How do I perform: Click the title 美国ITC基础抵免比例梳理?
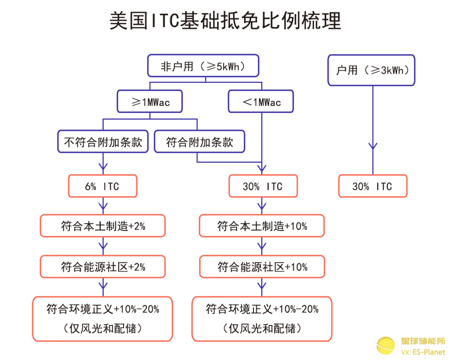point(225,21)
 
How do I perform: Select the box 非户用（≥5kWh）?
point(203,66)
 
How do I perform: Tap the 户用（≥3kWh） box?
point(371,70)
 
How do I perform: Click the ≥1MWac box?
point(150,101)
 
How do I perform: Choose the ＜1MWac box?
point(261,101)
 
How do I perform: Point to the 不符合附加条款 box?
point(103,142)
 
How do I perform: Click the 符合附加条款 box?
point(200,142)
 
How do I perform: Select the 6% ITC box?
point(103,186)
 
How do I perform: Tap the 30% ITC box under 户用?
point(373,186)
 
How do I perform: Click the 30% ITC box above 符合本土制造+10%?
point(263,186)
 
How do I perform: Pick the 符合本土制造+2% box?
point(103,226)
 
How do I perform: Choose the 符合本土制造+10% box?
point(262,226)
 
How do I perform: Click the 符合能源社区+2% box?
point(103,267)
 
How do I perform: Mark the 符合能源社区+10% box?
point(262,267)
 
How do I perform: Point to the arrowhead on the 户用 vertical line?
point(373,146)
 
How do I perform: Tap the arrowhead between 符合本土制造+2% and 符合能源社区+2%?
point(103,246)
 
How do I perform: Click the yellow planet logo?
point(385,345)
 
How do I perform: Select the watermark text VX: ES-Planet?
point(423,352)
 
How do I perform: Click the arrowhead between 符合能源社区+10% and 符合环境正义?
point(262,286)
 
